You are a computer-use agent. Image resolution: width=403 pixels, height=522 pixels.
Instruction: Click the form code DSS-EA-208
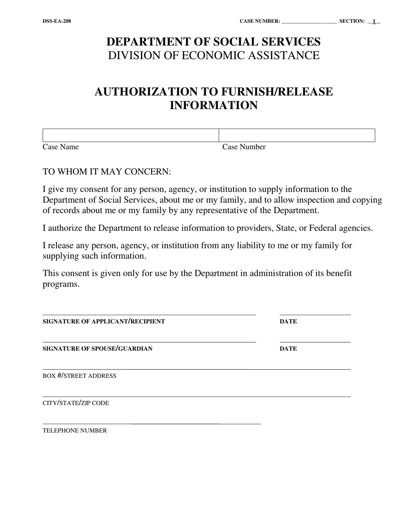pyautogui.click(x=57, y=21)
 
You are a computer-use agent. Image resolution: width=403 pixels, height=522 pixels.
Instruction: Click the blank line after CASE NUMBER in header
pyautogui.click(x=309, y=22)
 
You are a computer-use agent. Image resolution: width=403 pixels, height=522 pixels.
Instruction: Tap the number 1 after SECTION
pyautogui.click(x=374, y=21)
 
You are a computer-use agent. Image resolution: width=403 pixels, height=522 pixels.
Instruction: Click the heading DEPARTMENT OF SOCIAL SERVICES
pyautogui.click(x=213, y=42)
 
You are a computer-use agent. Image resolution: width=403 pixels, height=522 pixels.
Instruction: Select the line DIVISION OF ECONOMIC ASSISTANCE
pyautogui.click(x=213, y=56)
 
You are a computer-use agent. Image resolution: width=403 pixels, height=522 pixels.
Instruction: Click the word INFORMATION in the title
pyautogui.click(x=213, y=105)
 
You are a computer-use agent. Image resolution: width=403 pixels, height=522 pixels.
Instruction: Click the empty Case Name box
pyautogui.click(x=130, y=135)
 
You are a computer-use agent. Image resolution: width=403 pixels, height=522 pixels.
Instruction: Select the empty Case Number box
pyautogui.click(x=297, y=135)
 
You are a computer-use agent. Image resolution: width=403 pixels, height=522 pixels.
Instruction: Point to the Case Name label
pyautogui.click(x=61, y=147)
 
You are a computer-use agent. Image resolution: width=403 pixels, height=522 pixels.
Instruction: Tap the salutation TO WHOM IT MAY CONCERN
pyautogui.click(x=107, y=172)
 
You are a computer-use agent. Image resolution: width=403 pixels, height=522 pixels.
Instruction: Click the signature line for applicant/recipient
pyautogui.click(x=149, y=314)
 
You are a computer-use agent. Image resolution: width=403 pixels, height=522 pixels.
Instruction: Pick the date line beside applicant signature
pyautogui.click(x=315, y=314)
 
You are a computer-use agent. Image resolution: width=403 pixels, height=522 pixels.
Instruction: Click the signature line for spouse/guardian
pyautogui.click(x=149, y=341)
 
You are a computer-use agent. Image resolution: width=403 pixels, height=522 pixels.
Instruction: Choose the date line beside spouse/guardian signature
pyautogui.click(x=315, y=341)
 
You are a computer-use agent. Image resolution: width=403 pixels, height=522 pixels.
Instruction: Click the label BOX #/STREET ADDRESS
pyautogui.click(x=79, y=376)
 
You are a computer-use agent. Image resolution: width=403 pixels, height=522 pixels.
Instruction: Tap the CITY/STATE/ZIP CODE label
pyautogui.click(x=76, y=403)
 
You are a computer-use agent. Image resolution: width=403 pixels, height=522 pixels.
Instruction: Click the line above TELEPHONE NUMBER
pyautogui.click(x=151, y=423)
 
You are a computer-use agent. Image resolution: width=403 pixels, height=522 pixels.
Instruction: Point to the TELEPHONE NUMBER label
pyautogui.click(x=75, y=430)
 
